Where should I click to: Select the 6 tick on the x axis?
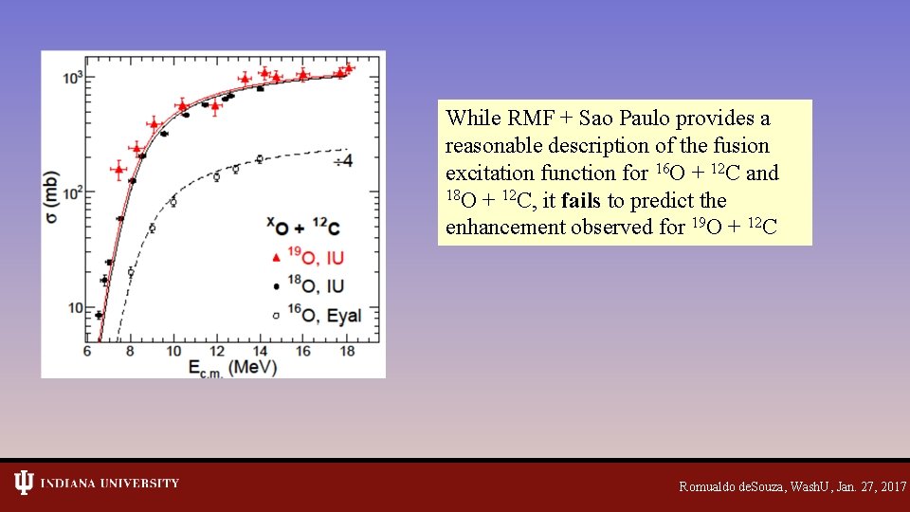[87, 351]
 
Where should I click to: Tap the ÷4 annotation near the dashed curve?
[341, 161]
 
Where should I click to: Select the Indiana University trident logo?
[24, 484]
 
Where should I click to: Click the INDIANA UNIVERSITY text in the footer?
[110, 484]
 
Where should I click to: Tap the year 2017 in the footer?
[893, 486]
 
